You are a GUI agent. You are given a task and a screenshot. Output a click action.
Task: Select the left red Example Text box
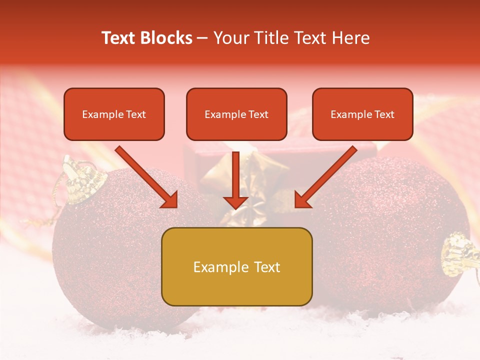point(114,114)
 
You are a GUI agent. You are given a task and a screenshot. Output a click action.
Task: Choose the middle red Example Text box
point(236,114)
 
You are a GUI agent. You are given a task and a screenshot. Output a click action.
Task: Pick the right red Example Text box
point(362,114)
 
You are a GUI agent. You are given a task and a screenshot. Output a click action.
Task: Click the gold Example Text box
point(236,266)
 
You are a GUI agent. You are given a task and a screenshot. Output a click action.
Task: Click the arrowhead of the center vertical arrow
point(235,202)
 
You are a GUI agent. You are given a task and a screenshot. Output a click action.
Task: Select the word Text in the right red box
point(383,114)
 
